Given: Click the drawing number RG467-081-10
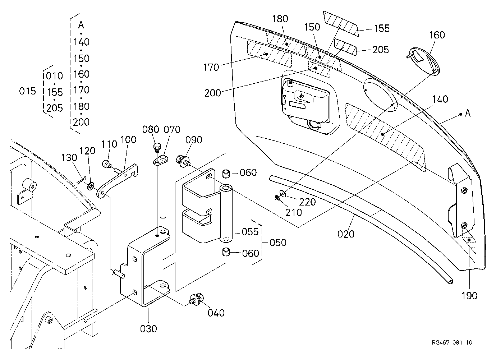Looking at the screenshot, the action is [452, 342].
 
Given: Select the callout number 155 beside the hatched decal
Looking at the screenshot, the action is [382, 28].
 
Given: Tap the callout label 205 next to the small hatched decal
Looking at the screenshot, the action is [381, 50].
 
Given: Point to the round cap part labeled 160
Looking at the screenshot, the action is [423, 61].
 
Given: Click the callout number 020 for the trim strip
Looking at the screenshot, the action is [346, 234].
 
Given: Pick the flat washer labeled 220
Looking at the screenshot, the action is [283, 193].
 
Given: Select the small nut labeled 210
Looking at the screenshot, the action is [277, 198].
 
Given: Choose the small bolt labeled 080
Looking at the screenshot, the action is [157, 148].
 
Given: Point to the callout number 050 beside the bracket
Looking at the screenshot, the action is [278, 243].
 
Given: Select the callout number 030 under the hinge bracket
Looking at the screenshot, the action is [148, 329].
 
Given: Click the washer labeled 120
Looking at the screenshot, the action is [91, 186].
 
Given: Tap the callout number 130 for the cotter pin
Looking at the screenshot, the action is [69, 158].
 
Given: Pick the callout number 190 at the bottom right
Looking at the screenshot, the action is [469, 296].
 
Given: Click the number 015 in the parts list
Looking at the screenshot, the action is [27, 91].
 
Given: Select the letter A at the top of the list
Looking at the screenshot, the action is [81, 25].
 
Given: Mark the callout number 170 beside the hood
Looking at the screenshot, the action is [211, 67].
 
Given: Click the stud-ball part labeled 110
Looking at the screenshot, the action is [107, 165].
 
